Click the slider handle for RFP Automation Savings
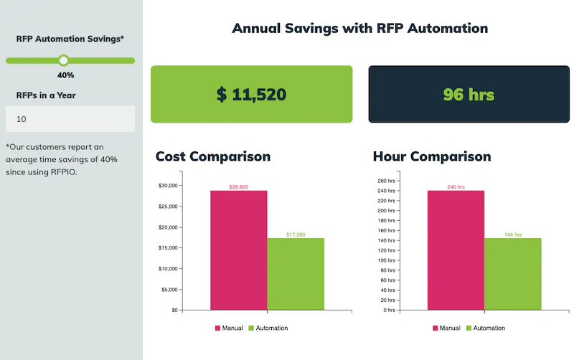coord(63,60)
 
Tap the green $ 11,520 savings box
coord(251,94)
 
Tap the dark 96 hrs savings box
coord(469,94)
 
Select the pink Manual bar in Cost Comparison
coord(238,250)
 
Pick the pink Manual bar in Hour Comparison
coord(456,250)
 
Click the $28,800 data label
coord(238,186)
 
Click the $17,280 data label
coord(296,235)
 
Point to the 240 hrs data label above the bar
coord(456,186)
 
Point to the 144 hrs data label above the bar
coord(513,235)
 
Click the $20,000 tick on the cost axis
coord(168,227)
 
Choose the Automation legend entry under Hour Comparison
coord(485,328)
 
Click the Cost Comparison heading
coord(213,156)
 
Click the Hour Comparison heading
coord(432,156)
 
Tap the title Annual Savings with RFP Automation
coord(359,29)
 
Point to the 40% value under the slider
coord(65,75)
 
